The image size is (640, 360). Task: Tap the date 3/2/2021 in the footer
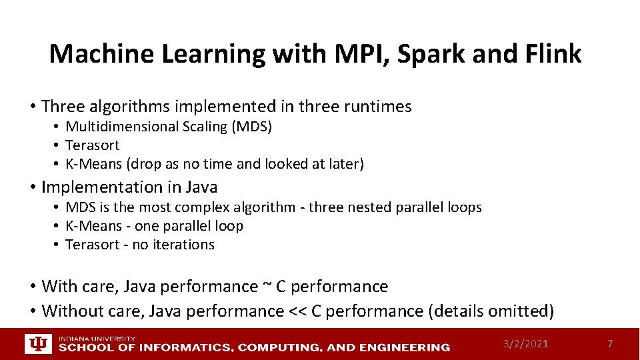[x=526, y=343]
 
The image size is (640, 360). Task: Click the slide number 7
[x=609, y=343]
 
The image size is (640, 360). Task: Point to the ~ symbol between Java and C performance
[x=267, y=287]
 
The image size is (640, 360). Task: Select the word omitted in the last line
[x=522, y=311]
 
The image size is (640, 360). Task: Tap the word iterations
[x=183, y=245]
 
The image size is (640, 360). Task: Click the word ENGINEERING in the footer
[x=408, y=347]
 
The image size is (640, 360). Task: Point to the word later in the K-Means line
[x=345, y=164]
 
